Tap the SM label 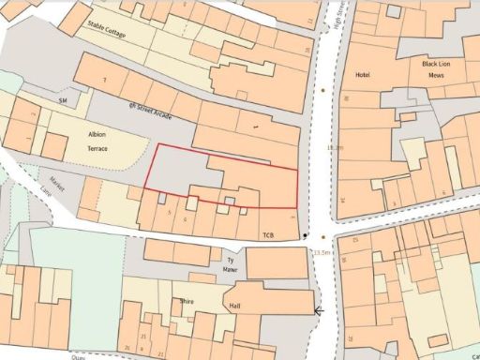64,98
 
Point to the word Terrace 98,148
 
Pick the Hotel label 364,74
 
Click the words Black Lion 437,63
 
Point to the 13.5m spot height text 322,252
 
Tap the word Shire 187,302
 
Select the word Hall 235,307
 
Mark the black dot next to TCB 306,234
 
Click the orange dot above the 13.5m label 322,237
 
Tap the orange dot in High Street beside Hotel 323,90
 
